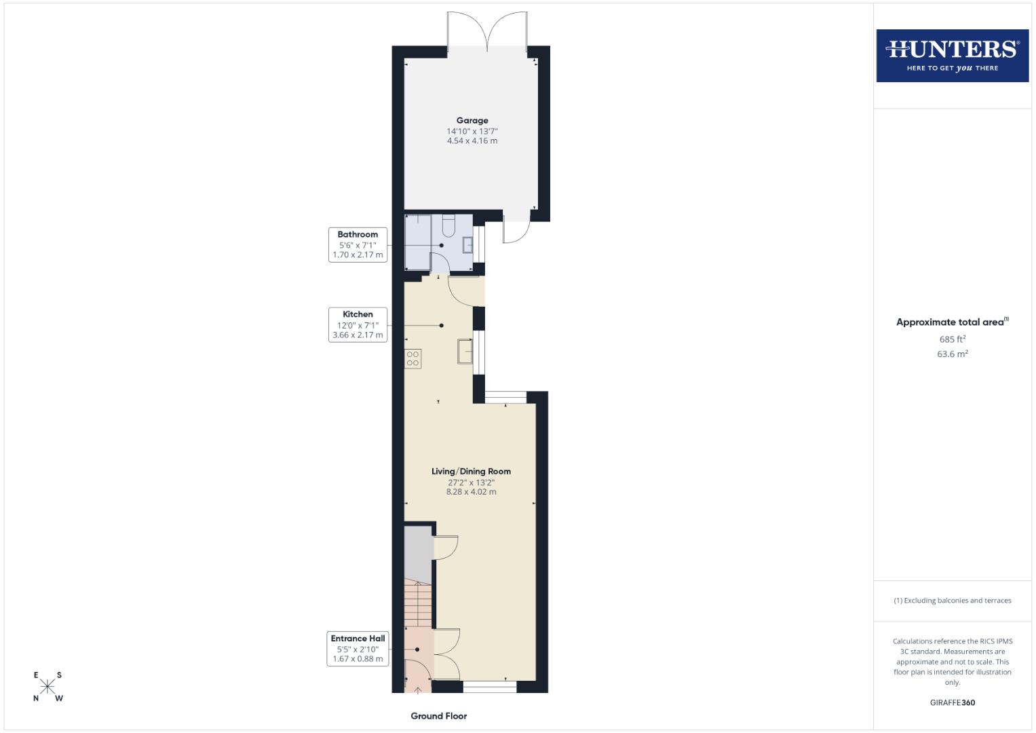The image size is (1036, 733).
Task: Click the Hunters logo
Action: click(952, 56)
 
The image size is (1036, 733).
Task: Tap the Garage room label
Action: click(472, 121)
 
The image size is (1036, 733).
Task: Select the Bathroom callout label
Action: click(358, 245)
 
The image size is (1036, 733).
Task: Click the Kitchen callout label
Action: click(358, 325)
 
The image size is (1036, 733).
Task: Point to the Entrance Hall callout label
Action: click(358, 649)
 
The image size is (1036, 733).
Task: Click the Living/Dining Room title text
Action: click(471, 471)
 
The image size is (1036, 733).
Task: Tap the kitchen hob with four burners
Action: click(413, 358)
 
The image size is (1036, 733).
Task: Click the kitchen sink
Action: click(465, 351)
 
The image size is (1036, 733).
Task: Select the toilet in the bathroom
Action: click(448, 224)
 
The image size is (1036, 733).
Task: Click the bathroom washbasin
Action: click(467, 244)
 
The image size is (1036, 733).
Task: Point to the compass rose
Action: click(47, 686)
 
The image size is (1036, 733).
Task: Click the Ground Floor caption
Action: click(439, 716)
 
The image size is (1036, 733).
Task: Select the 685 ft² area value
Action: click(952, 339)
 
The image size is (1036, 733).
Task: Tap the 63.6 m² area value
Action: click(952, 354)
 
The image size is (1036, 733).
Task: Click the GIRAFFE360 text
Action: click(952, 702)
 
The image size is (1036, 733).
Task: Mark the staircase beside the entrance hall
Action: click(419, 604)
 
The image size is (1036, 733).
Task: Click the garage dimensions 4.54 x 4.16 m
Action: click(472, 141)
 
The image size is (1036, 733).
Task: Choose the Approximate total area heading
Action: click(952, 322)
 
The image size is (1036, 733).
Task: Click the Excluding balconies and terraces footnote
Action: click(952, 601)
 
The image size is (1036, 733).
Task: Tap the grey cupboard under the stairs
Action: click(419, 553)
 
